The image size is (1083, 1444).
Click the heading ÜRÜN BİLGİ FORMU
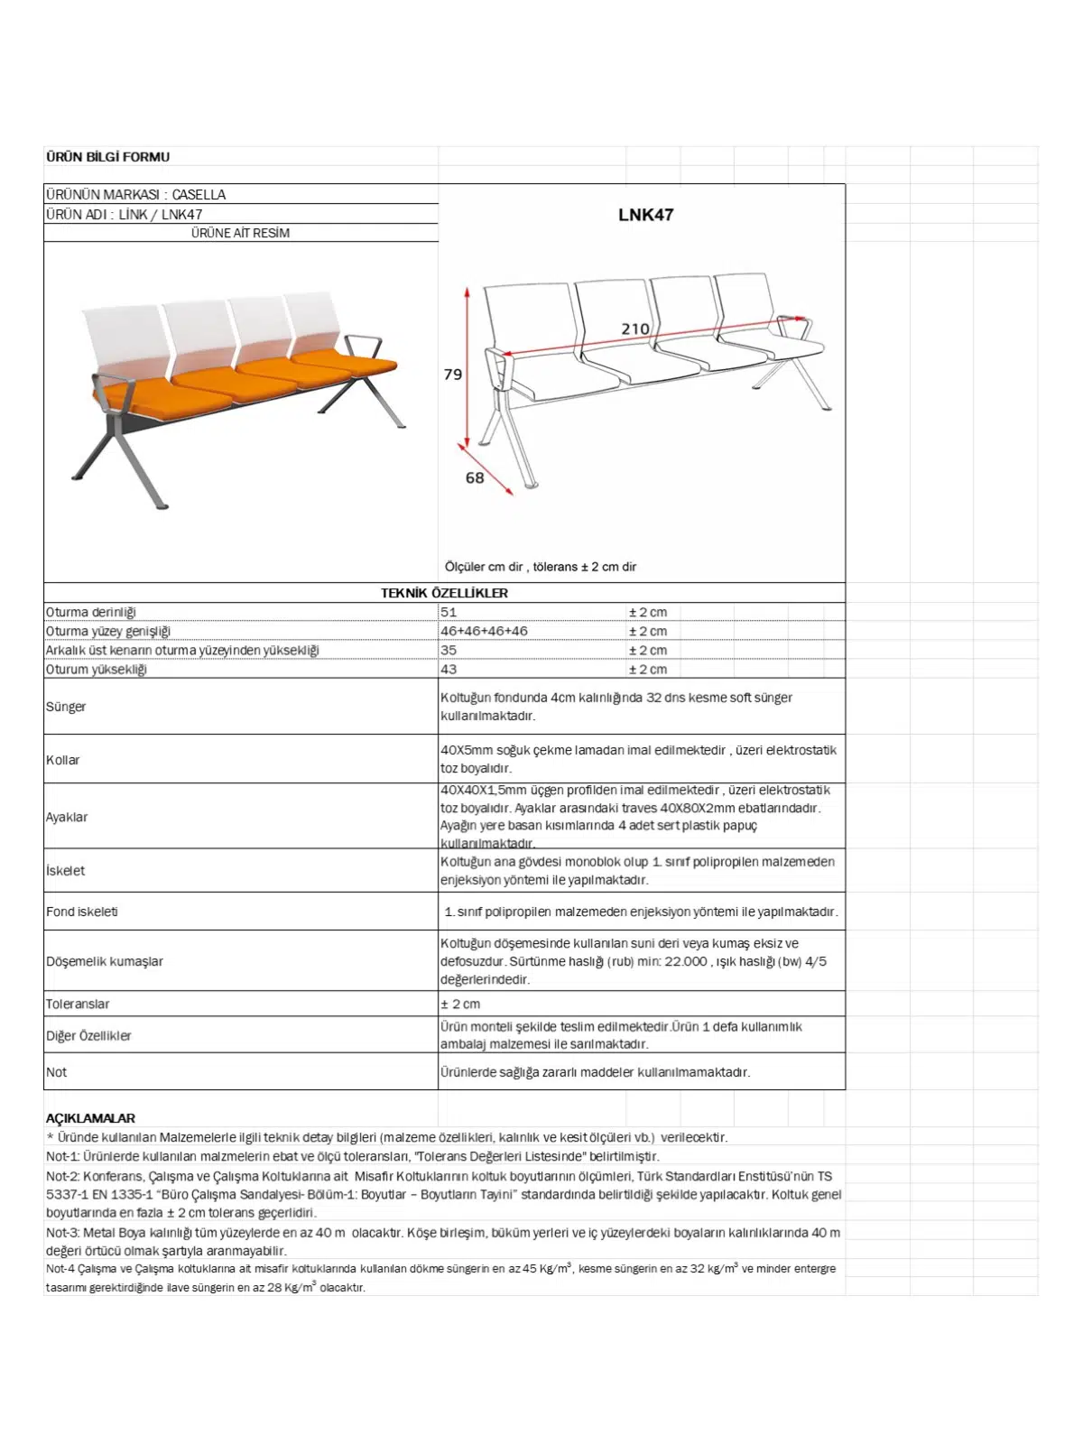(x=107, y=157)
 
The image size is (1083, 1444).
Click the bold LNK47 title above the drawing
(x=645, y=215)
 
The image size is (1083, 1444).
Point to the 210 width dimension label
(x=635, y=329)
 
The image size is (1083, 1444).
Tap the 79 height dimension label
(x=453, y=374)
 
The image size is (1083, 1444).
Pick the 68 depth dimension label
(x=475, y=478)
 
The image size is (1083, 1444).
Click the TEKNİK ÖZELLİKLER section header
(x=444, y=593)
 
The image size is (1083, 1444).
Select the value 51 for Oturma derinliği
(x=449, y=612)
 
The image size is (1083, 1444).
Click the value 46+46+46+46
(x=484, y=631)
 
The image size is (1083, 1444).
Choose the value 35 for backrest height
(x=449, y=650)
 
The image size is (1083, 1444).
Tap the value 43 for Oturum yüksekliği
(x=449, y=670)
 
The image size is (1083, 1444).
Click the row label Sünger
(x=66, y=707)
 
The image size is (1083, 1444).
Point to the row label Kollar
(x=63, y=760)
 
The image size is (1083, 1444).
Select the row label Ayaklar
(x=67, y=817)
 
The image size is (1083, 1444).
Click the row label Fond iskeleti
(x=82, y=912)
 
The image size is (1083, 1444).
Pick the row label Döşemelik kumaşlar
(x=105, y=961)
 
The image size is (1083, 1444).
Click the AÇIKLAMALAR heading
(x=90, y=1118)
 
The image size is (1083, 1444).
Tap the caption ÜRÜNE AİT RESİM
(x=240, y=233)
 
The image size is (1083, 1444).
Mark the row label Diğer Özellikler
(x=88, y=1036)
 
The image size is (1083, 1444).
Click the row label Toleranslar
(x=78, y=1004)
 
